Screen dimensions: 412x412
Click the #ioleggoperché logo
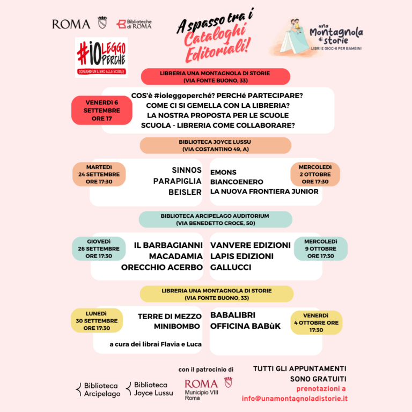pos(101,56)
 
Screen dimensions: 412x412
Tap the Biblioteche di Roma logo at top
pos(134,24)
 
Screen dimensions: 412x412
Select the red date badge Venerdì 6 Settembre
pos(102,111)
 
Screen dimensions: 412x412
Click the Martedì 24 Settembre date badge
pos(99,174)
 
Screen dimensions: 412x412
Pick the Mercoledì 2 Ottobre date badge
pos(315,174)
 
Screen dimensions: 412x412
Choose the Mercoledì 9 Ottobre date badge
pos(320,249)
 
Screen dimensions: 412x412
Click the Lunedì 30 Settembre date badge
pos(97,321)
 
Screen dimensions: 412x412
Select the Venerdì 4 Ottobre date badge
pos(316,322)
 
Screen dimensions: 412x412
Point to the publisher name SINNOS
pos(187,170)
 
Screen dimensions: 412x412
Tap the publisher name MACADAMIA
pos(176,256)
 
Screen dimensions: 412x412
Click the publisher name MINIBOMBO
pos(177,326)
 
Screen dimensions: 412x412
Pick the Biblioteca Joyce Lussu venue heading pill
pos(216,145)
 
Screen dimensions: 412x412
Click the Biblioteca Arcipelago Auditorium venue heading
pos(215,219)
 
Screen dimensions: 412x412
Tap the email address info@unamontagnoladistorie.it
pos(295,398)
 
